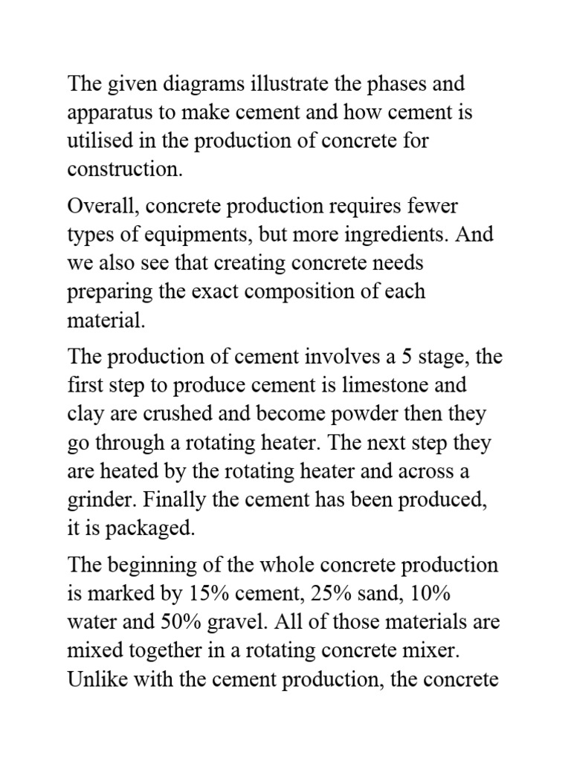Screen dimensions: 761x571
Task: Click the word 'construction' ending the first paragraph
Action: [x=123, y=169]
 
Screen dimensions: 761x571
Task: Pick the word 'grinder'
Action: [x=97, y=499]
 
